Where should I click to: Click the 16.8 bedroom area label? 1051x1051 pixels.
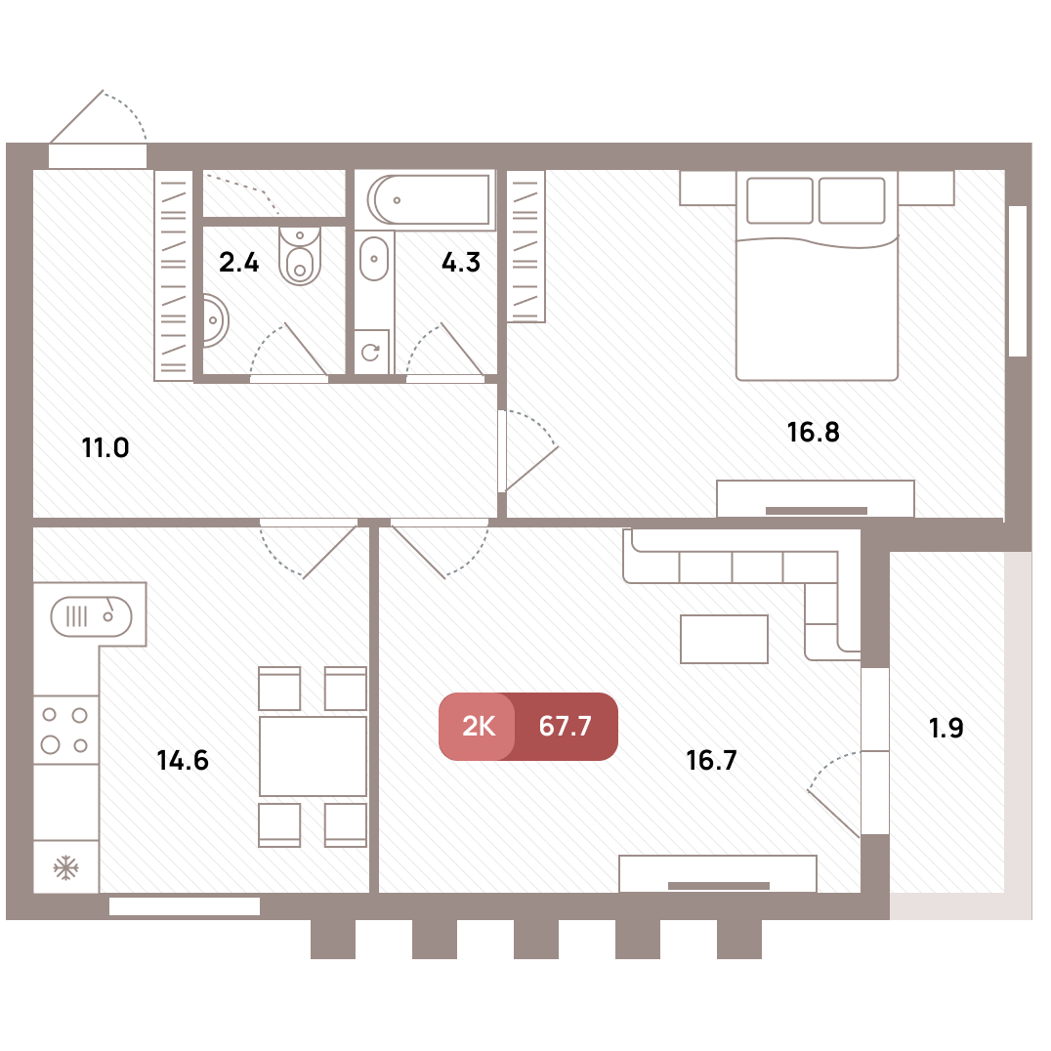click(813, 433)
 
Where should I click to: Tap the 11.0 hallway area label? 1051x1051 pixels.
click(105, 447)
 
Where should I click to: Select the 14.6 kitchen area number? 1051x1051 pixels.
click(183, 760)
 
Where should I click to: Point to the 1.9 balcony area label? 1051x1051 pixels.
click(946, 728)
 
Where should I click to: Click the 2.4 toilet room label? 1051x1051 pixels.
click(238, 262)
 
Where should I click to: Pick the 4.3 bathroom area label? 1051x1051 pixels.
click(461, 262)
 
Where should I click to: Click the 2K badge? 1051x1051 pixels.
click(478, 727)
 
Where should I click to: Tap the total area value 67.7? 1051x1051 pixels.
click(565, 727)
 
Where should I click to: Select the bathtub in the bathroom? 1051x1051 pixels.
click(428, 199)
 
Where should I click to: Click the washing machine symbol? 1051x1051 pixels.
click(371, 351)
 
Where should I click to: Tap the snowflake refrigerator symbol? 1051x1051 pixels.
click(65, 867)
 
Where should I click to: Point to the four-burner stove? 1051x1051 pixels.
click(65, 730)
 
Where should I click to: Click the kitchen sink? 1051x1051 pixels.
click(91, 616)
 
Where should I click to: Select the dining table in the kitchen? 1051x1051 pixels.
click(313, 757)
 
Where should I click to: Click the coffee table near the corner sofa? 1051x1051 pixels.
click(724, 640)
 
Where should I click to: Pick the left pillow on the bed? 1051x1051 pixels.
click(779, 200)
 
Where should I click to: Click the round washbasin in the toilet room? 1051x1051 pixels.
click(215, 321)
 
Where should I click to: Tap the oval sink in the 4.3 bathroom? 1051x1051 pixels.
click(374, 259)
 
